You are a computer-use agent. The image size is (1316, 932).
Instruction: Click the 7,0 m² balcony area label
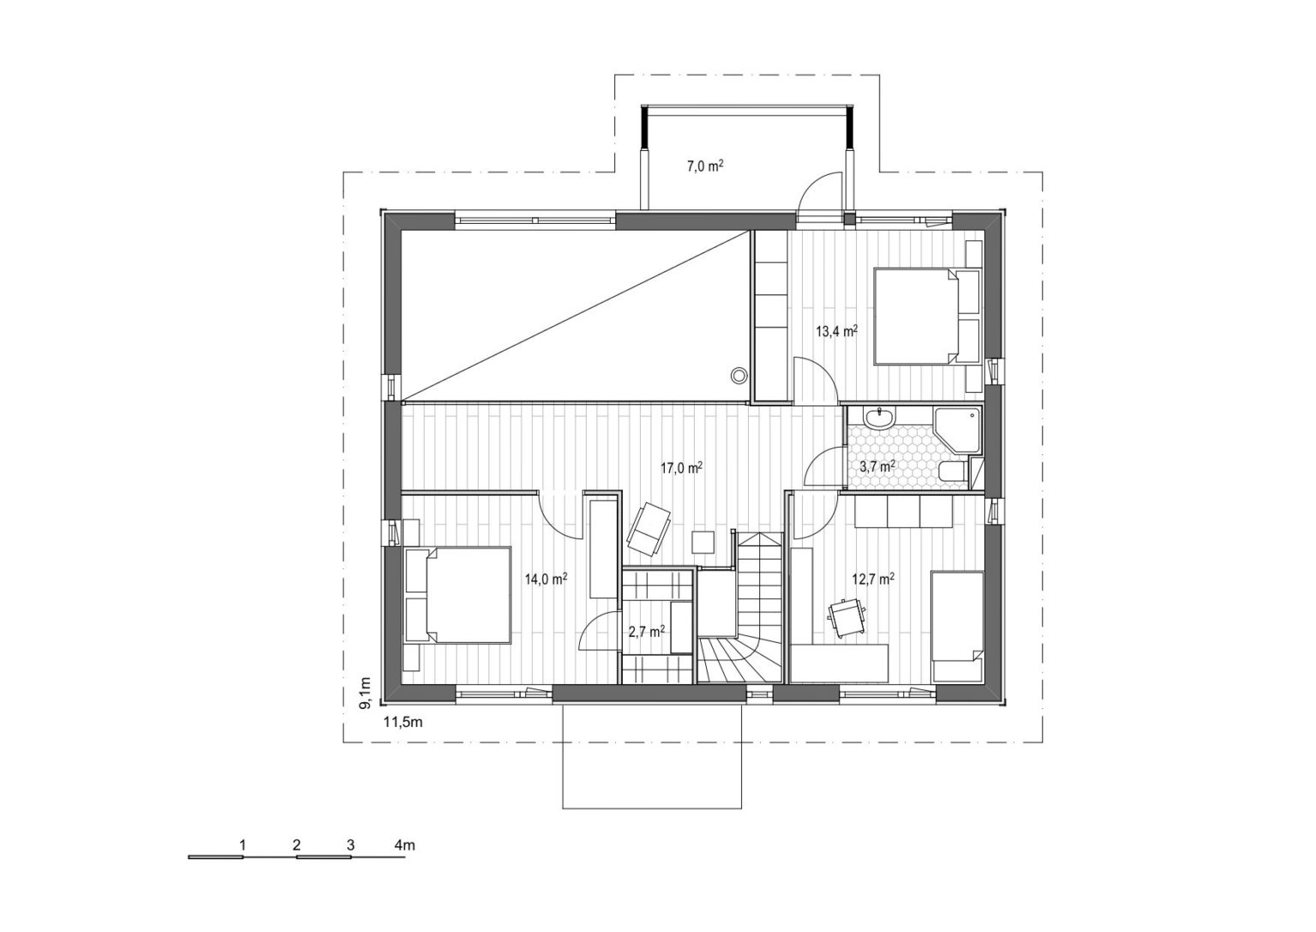705,166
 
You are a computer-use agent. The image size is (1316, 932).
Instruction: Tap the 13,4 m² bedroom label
836,331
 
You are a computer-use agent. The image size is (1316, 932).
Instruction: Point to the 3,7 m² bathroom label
877,467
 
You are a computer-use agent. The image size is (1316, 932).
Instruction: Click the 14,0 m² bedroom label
546,580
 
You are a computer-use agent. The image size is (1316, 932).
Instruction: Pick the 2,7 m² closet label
646,632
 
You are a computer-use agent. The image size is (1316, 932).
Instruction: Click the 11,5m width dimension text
403,723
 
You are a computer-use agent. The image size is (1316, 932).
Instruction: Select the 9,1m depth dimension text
366,694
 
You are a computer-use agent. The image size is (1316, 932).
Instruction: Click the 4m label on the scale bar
404,845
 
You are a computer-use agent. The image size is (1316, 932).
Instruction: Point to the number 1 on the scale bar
242,845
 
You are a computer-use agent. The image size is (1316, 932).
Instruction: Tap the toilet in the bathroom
953,472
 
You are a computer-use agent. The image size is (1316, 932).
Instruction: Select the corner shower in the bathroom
958,430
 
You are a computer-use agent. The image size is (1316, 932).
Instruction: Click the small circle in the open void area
739,376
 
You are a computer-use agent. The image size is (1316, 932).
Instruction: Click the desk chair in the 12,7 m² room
846,618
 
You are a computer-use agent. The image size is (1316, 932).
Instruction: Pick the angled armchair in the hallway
649,529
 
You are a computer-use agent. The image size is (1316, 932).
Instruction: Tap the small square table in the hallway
703,542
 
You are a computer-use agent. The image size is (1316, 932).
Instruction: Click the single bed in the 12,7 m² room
957,626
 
